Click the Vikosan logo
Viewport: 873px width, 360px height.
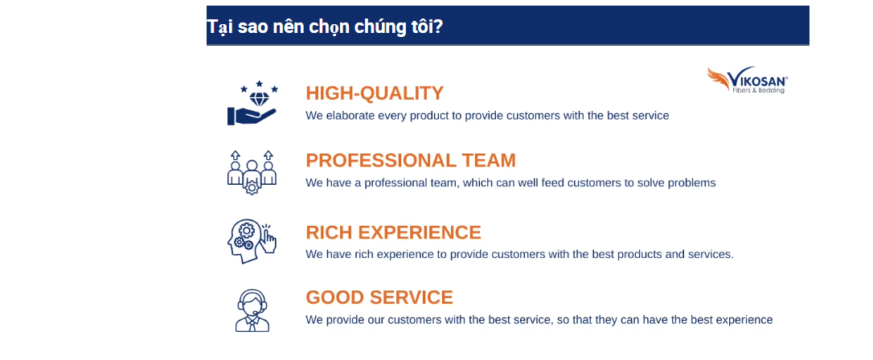[747, 80]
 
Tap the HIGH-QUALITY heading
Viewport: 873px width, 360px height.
[375, 93]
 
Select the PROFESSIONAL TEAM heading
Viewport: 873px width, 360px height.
[411, 160]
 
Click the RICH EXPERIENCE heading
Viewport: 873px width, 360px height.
[393, 232]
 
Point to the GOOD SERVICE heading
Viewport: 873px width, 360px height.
[379, 297]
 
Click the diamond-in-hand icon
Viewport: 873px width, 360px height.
[252, 103]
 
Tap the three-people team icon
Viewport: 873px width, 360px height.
[252, 172]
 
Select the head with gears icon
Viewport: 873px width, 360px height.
[252, 241]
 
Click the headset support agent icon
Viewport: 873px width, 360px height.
[252, 310]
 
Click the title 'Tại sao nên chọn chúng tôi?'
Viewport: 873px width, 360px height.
[325, 27]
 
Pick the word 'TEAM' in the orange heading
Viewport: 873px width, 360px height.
[489, 160]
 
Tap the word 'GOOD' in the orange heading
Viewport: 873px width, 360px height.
[331, 297]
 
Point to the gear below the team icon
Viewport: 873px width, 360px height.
[252, 188]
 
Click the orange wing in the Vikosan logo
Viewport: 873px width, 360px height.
[718, 79]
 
